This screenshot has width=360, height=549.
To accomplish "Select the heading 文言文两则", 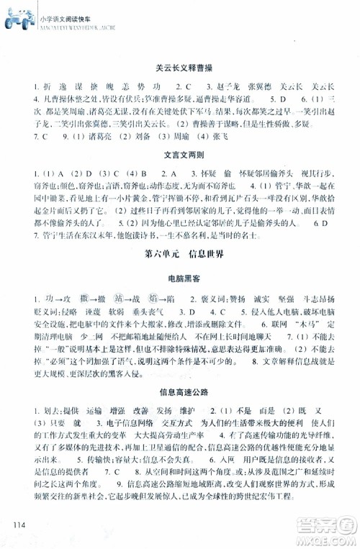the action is [180, 155].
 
